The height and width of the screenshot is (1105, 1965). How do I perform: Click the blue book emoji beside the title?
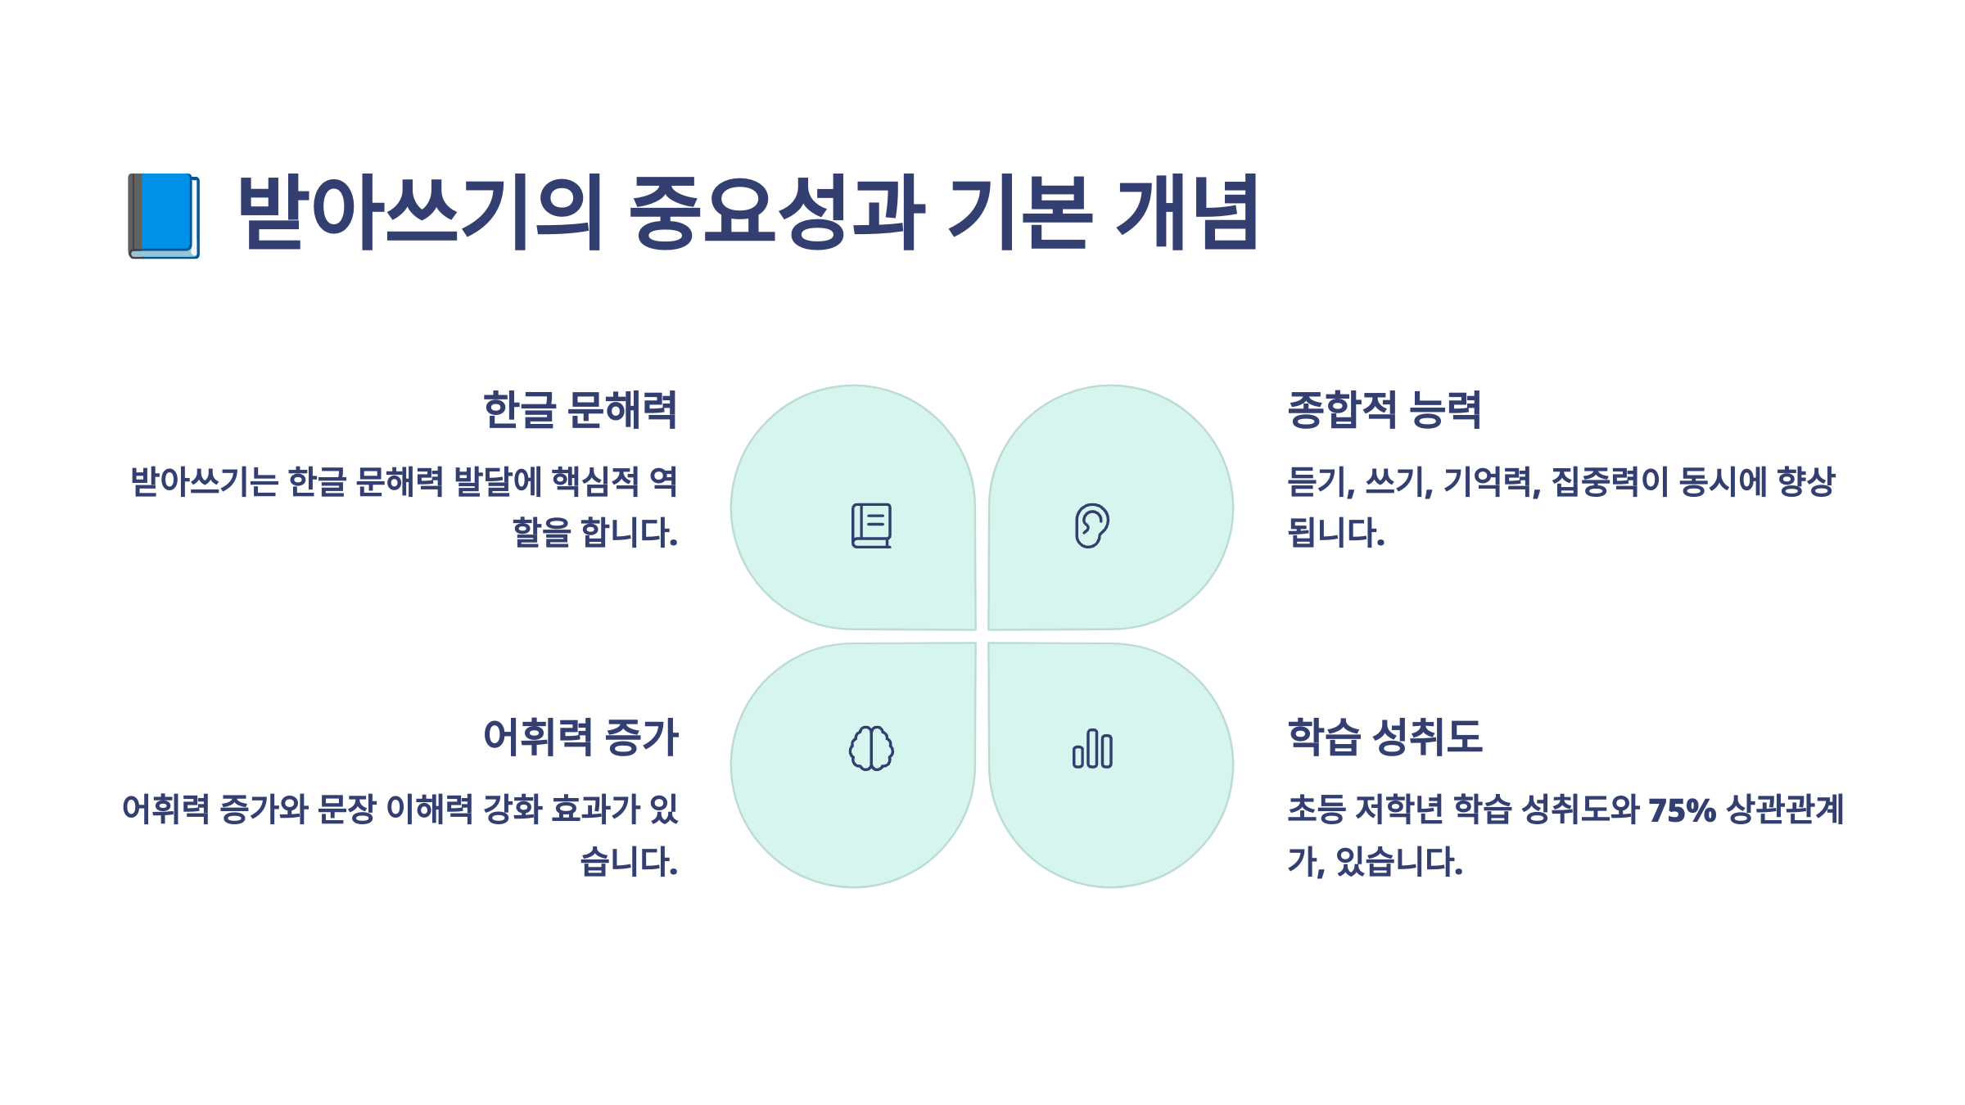tap(164, 215)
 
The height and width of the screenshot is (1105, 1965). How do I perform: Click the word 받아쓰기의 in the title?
tap(420, 213)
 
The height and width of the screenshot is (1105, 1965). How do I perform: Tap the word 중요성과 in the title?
tap(776, 213)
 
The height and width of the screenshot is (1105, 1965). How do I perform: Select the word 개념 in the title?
tap(1187, 213)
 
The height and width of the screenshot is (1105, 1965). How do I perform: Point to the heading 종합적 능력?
tap(1385, 410)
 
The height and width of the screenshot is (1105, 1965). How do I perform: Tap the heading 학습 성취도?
tap(1385, 737)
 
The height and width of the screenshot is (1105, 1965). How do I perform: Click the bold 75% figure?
tap(1682, 810)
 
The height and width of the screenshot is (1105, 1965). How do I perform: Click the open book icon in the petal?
tap(871, 525)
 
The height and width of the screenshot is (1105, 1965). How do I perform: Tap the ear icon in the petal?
tap(1091, 525)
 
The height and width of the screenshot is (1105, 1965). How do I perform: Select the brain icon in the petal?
tap(871, 748)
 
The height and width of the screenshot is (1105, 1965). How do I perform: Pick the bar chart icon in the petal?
tap(1092, 748)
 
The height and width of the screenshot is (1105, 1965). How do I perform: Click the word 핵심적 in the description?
tap(595, 481)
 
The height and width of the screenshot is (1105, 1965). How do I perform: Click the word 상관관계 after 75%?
tap(1785, 810)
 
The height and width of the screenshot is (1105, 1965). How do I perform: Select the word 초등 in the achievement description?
tap(1317, 810)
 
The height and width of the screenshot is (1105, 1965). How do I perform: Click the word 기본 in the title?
tap(1020, 213)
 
